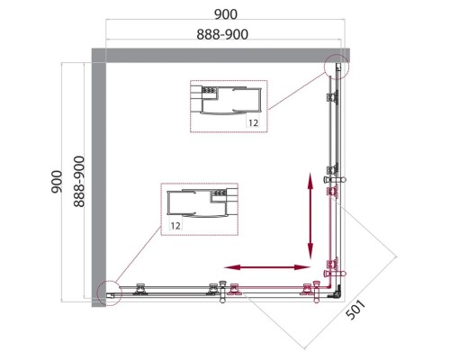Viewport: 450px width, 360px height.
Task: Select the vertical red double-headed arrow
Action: click(x=311, y=216)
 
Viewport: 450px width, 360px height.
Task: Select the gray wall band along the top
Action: click(x=225, y=54)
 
